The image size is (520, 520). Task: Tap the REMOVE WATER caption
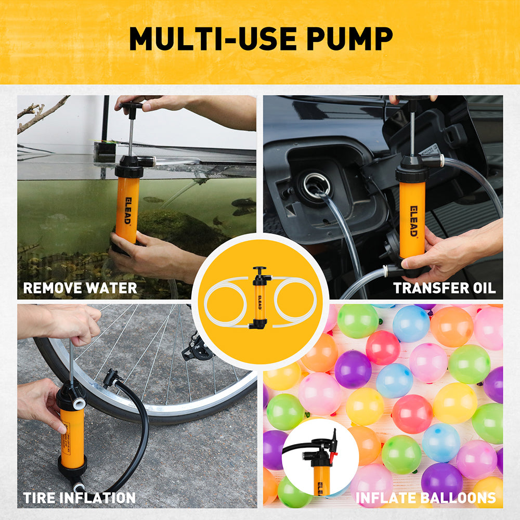[80, 288]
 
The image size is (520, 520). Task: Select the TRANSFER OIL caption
[444, 288]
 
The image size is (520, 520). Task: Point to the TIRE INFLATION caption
[79, 498]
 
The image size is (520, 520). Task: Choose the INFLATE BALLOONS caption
[425, 498]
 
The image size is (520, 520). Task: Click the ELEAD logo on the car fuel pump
[411, 219]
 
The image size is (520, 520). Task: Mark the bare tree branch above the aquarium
[42, 112]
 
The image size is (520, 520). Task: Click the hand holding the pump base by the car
[447, 250]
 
